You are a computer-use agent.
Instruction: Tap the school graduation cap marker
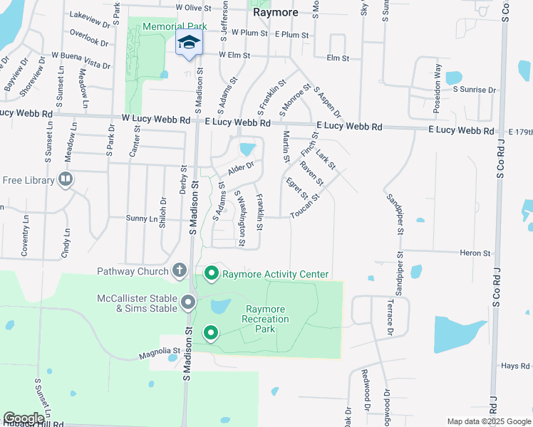(189, 43)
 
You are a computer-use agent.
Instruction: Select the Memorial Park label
(175, 26)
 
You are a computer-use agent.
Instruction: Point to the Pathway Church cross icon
(179, 270)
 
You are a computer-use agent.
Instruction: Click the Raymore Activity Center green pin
(212, 273)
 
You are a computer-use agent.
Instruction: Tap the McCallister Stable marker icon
(189, 302)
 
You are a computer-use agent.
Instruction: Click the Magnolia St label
(160, 351)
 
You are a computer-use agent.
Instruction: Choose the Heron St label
(475, 253)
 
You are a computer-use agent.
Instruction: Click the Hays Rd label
(514, 366)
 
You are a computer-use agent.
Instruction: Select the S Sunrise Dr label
(474, 90)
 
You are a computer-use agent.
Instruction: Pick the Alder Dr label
(241, 169)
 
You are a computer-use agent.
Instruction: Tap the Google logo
(24, 418)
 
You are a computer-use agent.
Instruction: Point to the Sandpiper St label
(395, 213)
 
